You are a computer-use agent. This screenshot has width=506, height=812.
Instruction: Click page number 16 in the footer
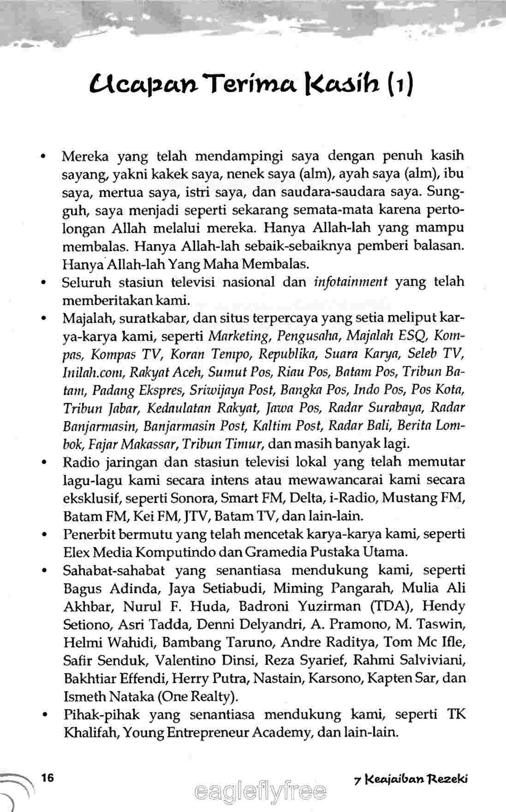(x=48, y=777)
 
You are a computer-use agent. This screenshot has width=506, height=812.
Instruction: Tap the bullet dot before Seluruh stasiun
(x=43, y=283)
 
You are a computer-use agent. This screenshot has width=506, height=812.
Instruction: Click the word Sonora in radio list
(x=194, y=499)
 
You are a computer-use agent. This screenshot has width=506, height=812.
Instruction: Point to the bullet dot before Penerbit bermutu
(x=43, y=535)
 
